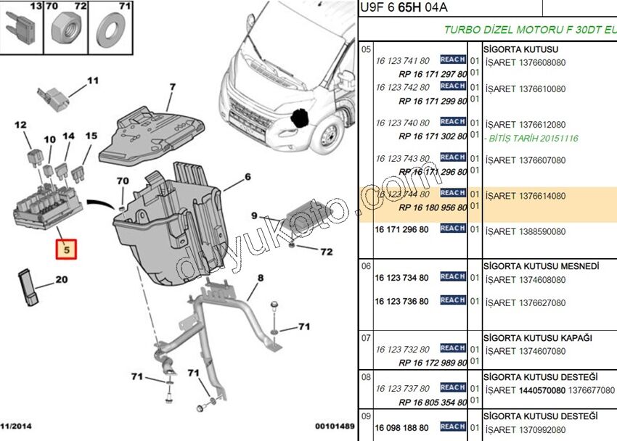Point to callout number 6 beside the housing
pos(248,177)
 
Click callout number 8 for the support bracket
pos(260,277)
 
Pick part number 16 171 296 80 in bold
pos(401,229)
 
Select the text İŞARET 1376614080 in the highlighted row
pos(526,196)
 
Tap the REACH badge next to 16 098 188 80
pos(452,426)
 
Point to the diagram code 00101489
pos(335,426)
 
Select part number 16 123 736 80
pos(401,301)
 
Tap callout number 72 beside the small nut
pos(327,252)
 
